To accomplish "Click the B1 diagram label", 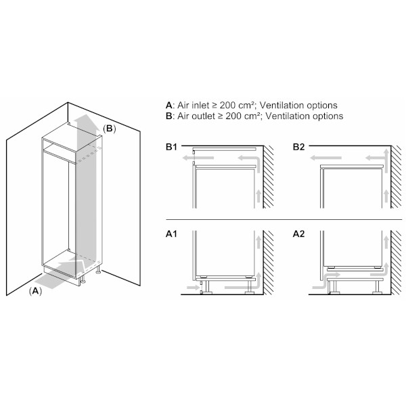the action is coord(171,147).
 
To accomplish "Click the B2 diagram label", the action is coord(298,147).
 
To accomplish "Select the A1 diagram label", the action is coord(171,234).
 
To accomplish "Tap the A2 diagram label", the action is coord(298,234).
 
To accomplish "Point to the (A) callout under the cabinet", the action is coord(35,291).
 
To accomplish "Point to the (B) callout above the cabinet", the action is coord(109,129).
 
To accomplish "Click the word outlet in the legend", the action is coord(203,116).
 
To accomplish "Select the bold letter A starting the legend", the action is coord(168,106).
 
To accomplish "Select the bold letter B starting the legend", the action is coord(168,116).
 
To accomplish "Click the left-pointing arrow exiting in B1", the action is coord(198,158).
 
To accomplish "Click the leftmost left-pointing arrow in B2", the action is coord(326,158).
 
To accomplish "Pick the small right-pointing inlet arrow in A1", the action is coord(192,288).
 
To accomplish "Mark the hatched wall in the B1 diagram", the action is coord(269,177).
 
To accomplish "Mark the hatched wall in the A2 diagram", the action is coord(396,263).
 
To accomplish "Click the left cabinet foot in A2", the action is coord(333,287).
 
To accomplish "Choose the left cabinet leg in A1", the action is coord(206,287).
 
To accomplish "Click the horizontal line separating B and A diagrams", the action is coord(284,219).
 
